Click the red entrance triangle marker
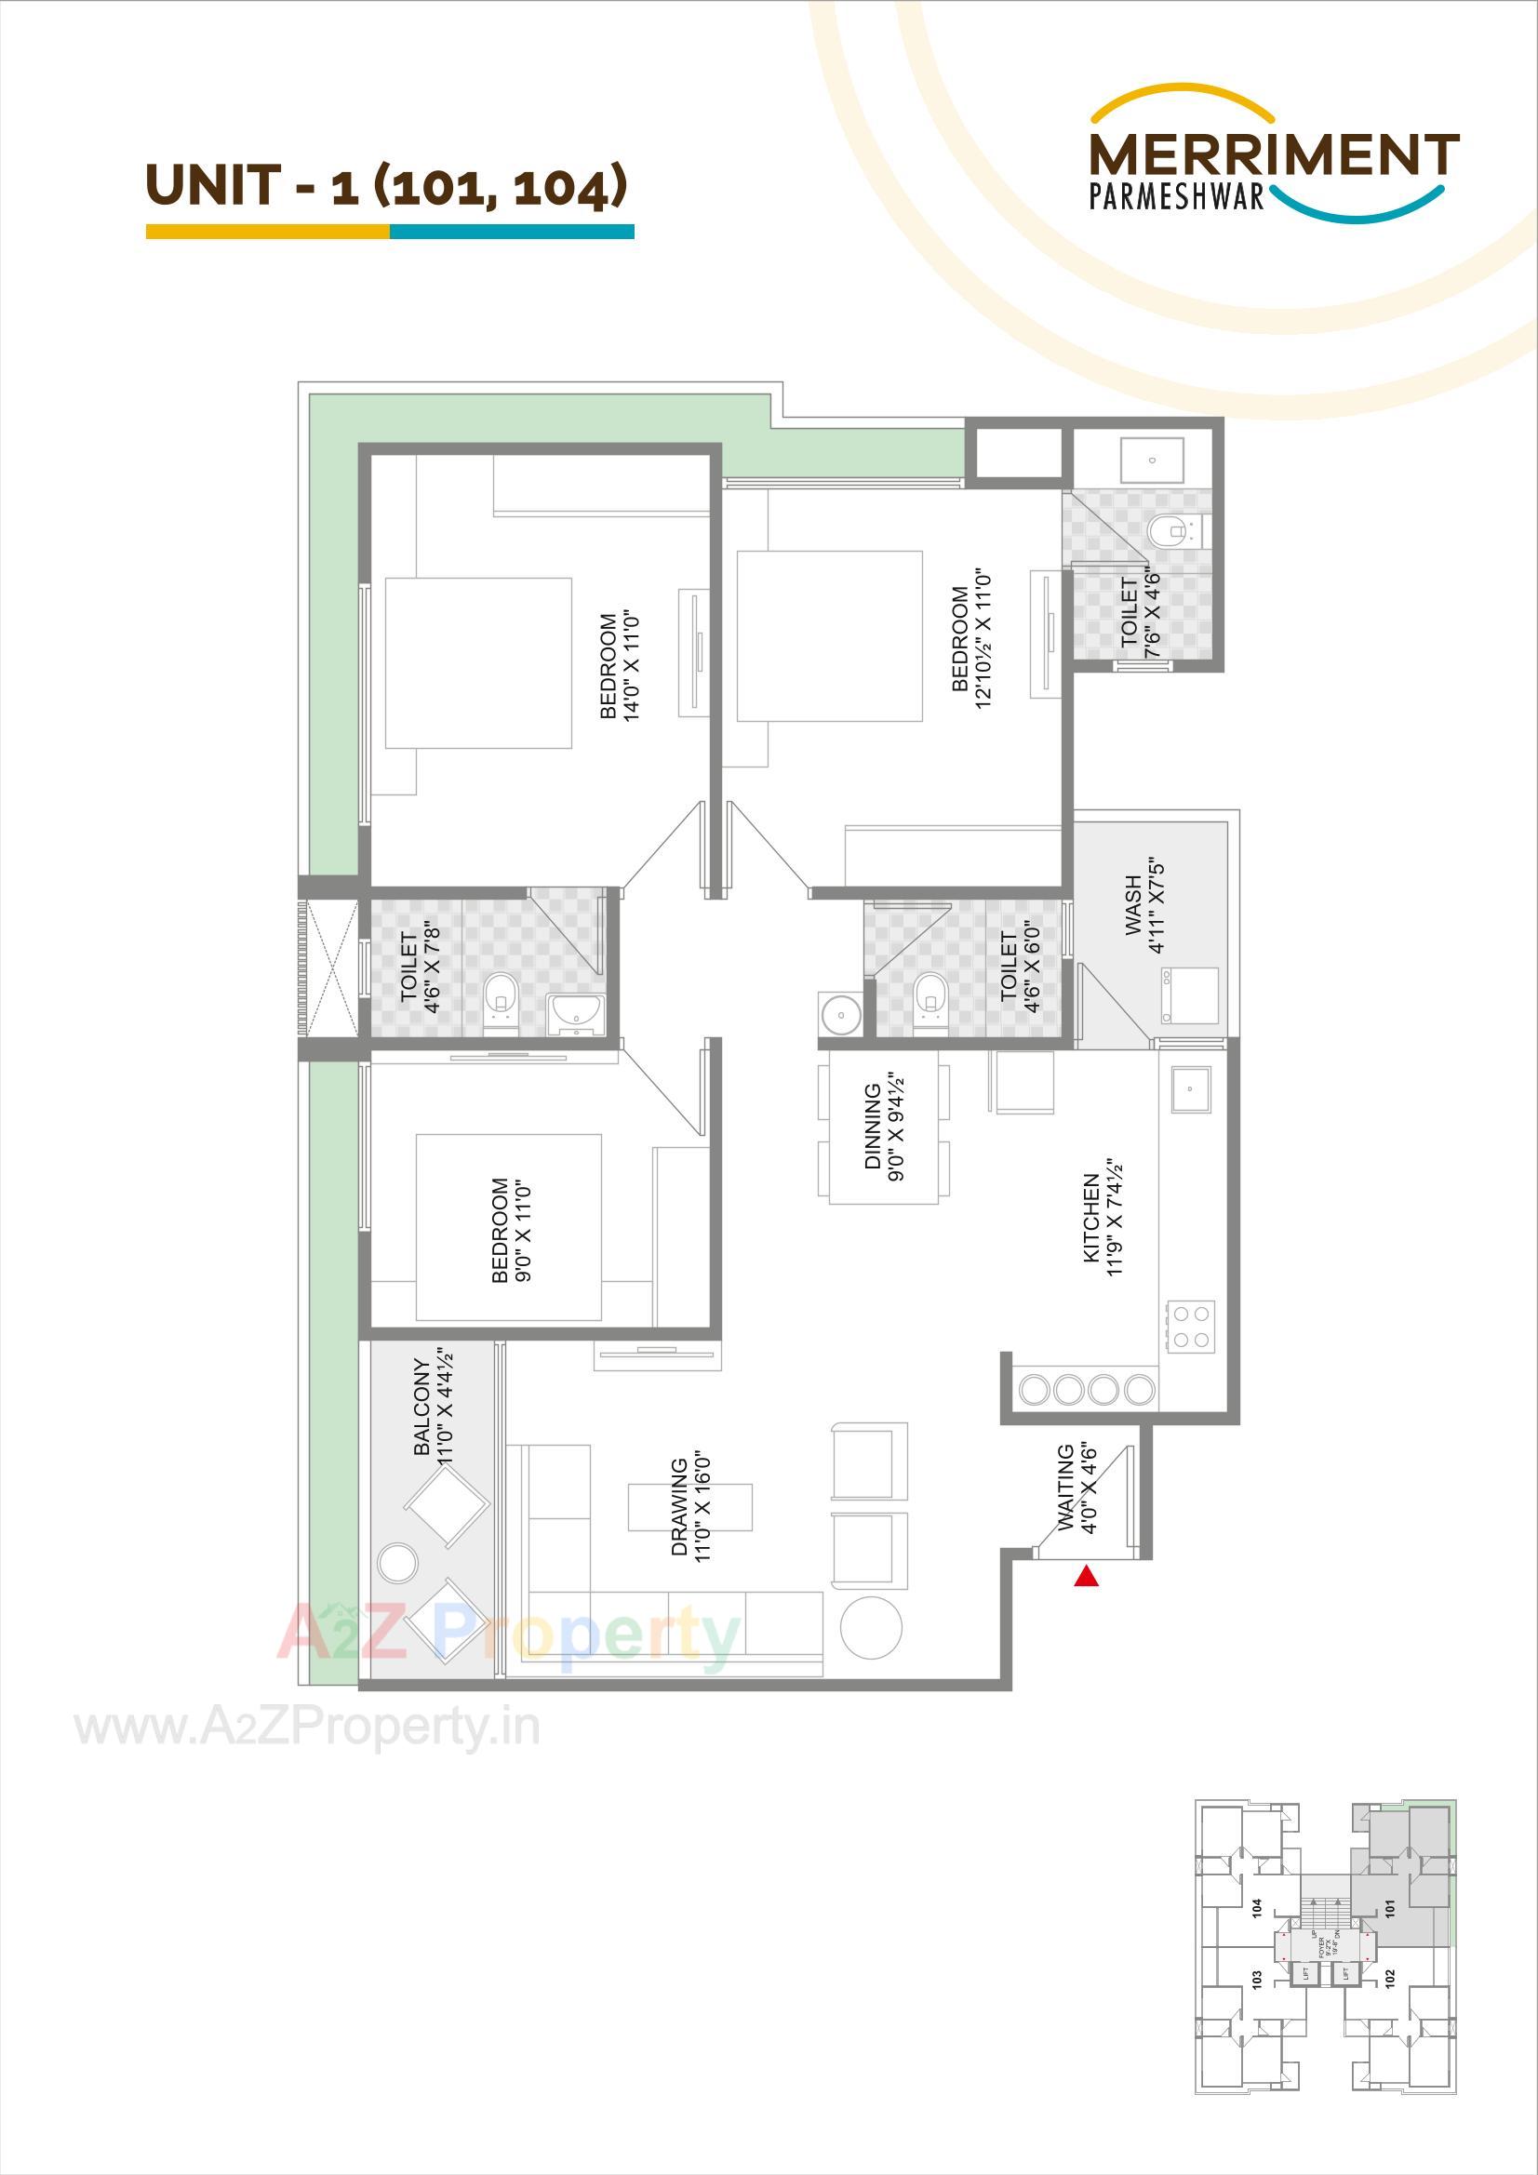coord(1086,1577)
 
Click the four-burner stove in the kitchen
coord(1191,1327)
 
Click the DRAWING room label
coord(678,1506)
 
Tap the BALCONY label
coord(421,1407)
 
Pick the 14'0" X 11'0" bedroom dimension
coord(633,666)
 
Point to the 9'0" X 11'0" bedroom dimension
coord(523,1232)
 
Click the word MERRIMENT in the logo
coord(1274,155)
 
